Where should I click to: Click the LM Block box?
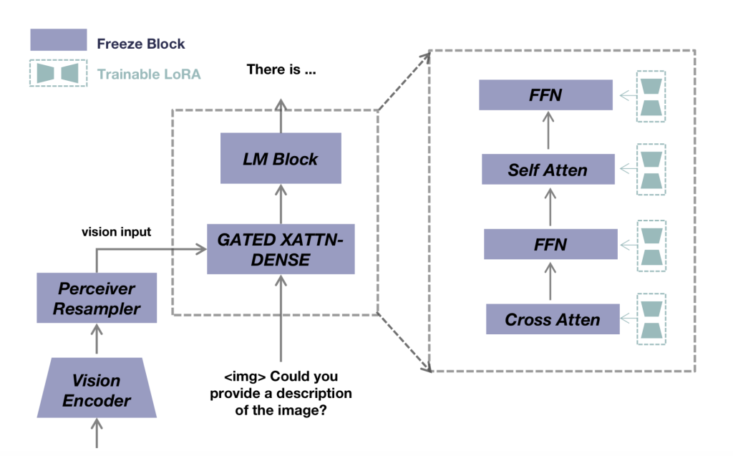(x=280, y=160)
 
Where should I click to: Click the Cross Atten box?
(x=552, y=319)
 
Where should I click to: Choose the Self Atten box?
(x=548, y=170)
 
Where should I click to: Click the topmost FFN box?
(x=546, y=95)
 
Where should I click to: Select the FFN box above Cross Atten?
(x=550, y=244)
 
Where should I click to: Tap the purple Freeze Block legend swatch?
(x=58, y=40)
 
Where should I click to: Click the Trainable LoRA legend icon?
(x=58, y=73)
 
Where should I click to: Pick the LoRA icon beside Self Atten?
(x=651, y=170)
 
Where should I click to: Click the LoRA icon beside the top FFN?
(x=651, y=96)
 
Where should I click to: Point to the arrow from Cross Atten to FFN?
(x=550, y=281)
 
